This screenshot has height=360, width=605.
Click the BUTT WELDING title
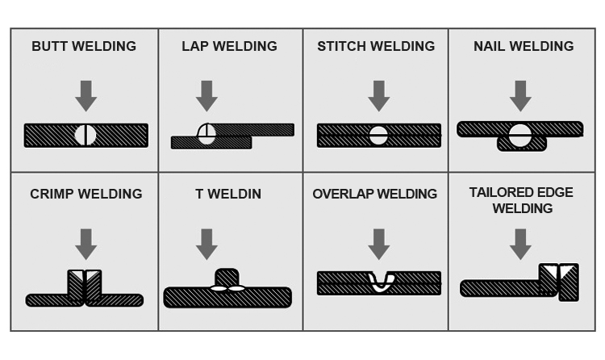pos(85,46)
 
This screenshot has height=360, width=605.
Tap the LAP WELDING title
pos(229,46)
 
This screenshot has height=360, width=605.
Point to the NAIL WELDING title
pos(524,46)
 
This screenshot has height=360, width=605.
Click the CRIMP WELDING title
pos(86,194)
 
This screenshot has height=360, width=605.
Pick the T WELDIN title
pos(228,194)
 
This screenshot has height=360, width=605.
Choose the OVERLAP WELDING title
pos(375,194)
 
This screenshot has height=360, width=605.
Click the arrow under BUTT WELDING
pos(86,96)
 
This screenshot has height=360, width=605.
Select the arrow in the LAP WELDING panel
pos(207,96)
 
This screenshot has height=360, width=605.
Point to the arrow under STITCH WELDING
pos(378,96)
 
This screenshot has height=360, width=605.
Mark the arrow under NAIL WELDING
pos(520,96)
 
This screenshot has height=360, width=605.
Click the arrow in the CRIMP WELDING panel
pos(86,244)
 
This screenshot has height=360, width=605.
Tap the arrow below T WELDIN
pos(207,244)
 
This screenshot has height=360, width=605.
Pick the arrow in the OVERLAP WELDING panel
pos(378,244)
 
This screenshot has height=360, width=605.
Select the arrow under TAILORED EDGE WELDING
pos(520,244)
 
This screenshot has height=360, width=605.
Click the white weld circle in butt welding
pos(86,135)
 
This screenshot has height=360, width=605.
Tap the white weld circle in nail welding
pos(520,136)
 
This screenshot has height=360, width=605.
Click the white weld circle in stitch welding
pos(378,136)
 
